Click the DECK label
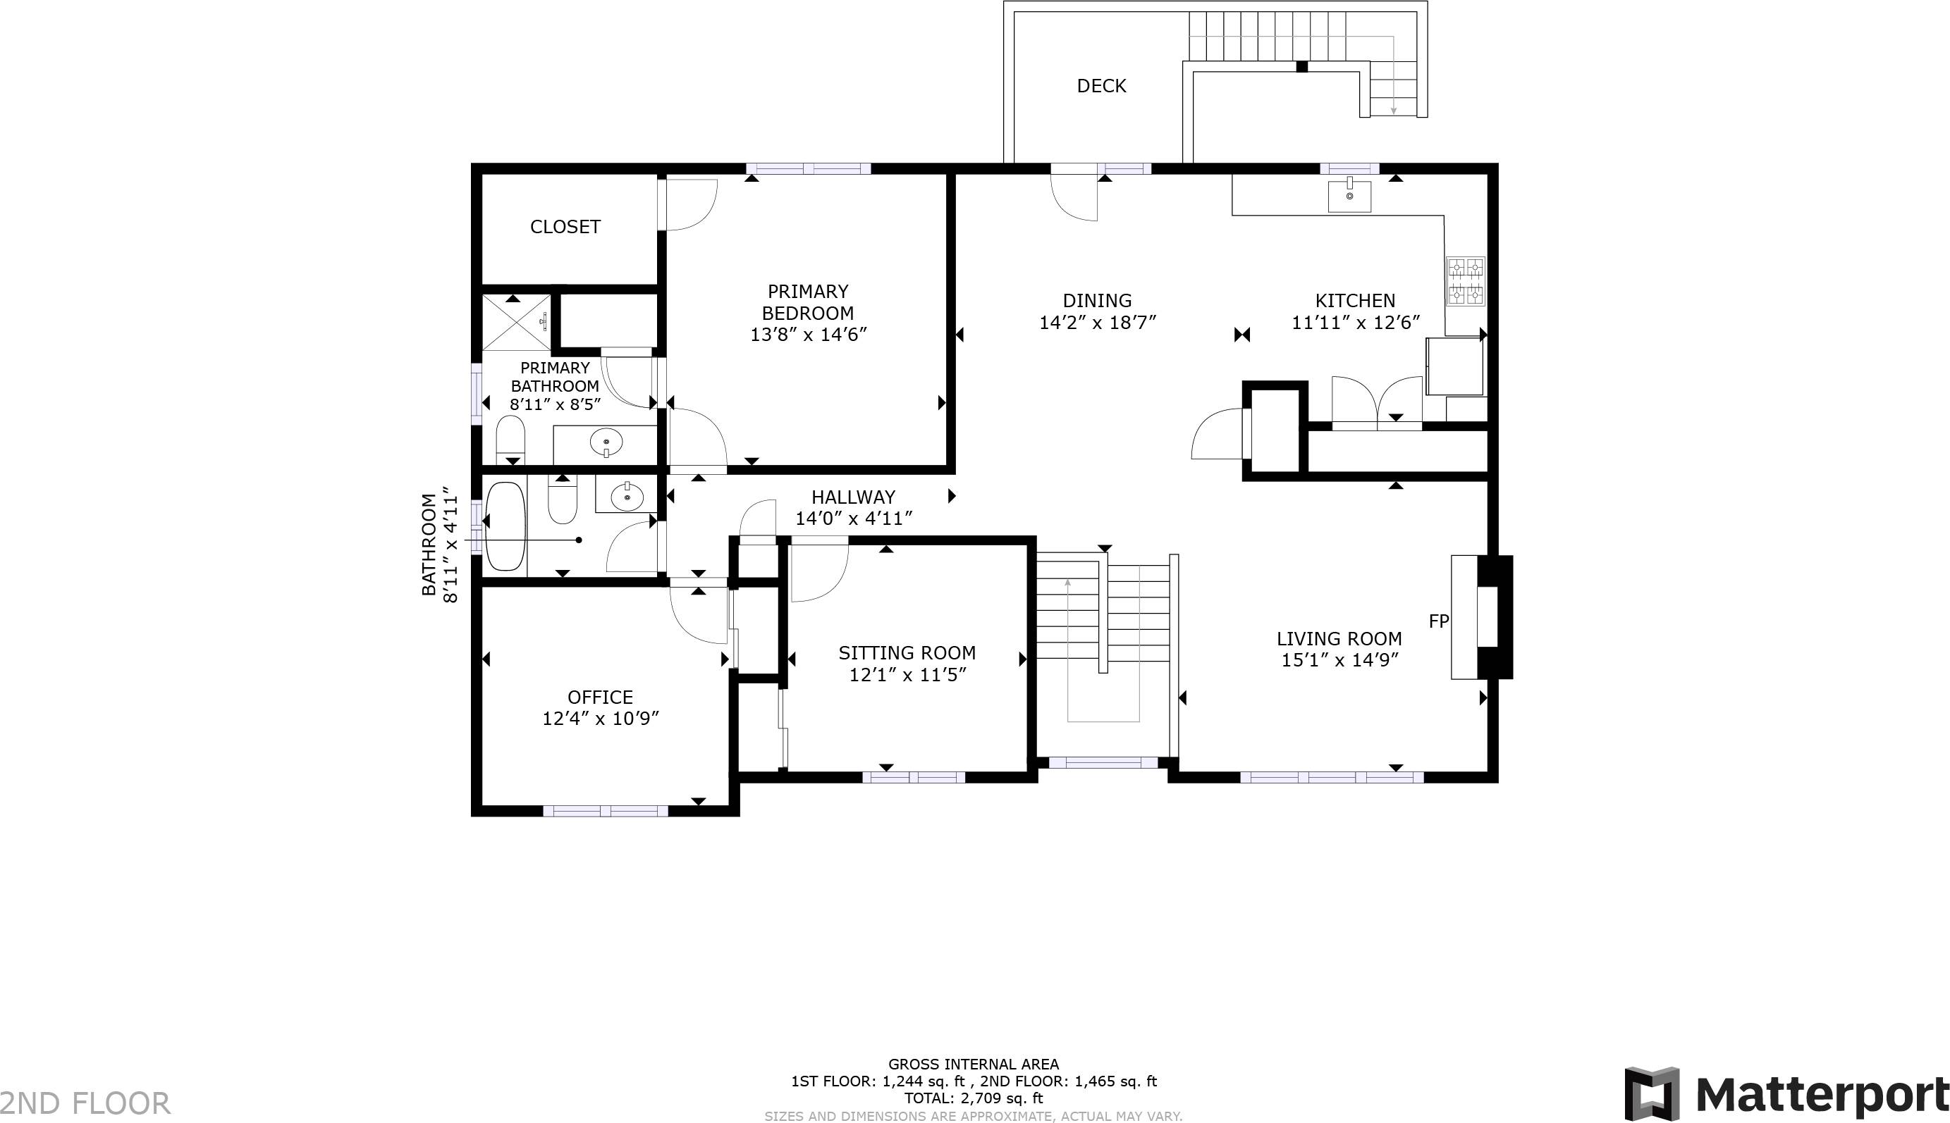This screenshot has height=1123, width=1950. pos(1101,86)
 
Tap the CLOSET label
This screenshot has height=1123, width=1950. pos(565,227)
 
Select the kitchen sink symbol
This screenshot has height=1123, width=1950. pos(1349,195)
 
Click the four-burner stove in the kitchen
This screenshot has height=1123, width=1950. pos(1465,282)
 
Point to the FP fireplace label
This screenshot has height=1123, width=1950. pos(1438,621)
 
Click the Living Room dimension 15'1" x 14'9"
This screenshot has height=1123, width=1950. pos(1339,660)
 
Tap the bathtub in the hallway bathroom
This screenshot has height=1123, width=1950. pos(505,526)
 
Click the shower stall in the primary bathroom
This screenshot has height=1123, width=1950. pos(515,322)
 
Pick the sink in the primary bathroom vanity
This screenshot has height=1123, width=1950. pos(606,442)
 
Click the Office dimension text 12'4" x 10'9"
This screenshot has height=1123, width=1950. pos(601,719)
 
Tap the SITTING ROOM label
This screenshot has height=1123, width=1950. pos(907,653)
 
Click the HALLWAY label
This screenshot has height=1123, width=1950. pos(853,497)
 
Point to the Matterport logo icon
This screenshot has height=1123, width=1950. pos(1651,1093)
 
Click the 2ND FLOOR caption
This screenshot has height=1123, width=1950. pos(85,1103)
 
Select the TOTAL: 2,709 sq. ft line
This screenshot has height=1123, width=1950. pos(973,1098)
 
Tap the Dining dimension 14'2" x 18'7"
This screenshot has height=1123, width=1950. pos(1097,323)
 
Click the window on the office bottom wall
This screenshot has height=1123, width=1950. pos(605,811)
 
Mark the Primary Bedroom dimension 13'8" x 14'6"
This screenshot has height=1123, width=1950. pos(808,335)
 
